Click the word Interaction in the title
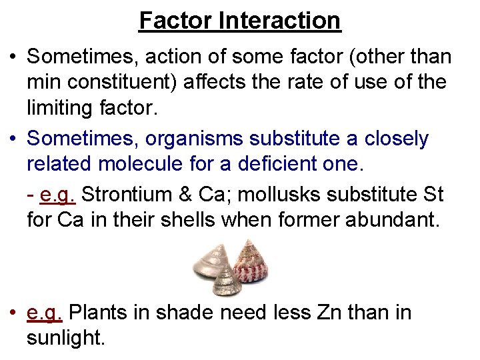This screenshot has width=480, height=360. [279, 21]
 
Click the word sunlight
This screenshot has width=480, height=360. [65, 338]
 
